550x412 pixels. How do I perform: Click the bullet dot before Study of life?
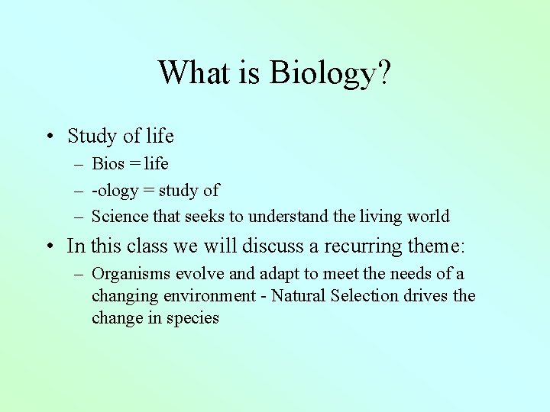coord(48,137)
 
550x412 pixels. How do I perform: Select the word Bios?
coord(108,163)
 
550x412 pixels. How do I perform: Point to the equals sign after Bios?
coord(134,164)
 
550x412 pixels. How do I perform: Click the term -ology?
coord(115,191)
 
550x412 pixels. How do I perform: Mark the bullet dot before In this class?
coord(48,246)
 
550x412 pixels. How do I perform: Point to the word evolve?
coord(192,274)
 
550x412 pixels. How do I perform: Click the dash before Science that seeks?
coord(79,217)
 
